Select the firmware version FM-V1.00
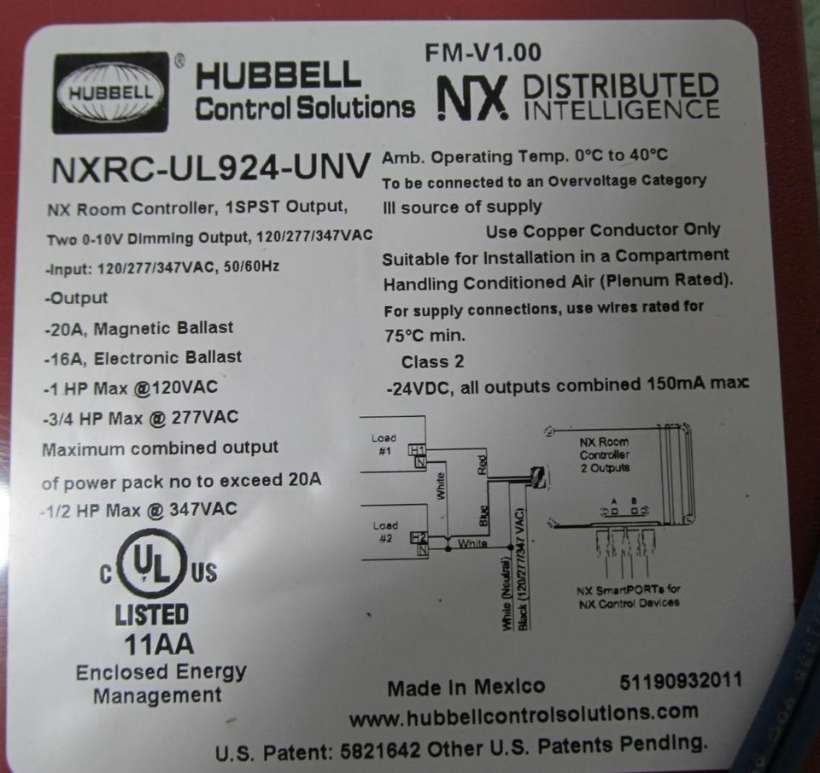[483, 53]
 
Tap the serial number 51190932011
[680, 682]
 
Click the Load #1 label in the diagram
[384, 444]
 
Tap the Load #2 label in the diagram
[384, 531]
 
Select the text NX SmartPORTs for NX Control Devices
[629, 596]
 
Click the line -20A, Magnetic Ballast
[138, 328]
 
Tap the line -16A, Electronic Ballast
[143, 358]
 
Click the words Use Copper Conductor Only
[603, 231]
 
